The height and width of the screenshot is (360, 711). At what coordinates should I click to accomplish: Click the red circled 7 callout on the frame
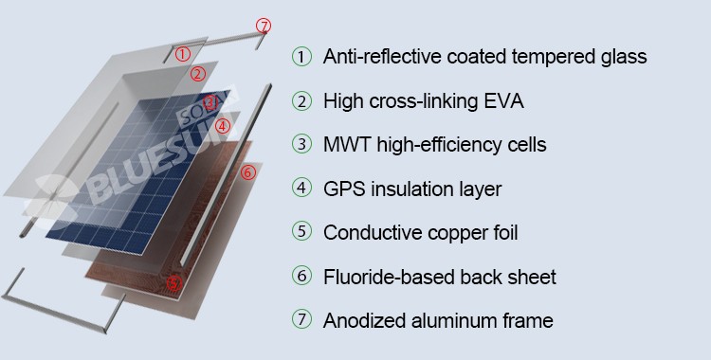tap(264, 26)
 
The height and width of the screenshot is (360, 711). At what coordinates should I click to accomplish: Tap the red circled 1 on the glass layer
tap(182, 54)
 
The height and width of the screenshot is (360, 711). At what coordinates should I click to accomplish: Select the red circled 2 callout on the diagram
tap(198, 74)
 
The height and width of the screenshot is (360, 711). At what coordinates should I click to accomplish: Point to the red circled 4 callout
tap(222, 126)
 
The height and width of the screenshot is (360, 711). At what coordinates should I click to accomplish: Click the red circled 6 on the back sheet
tap(248, 172)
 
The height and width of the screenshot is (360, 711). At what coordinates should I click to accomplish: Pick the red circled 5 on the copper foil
tap(174, 283)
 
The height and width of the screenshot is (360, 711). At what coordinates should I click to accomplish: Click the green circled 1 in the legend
tap(302, 57)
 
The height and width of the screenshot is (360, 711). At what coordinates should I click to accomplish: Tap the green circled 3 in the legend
tap(302, 144)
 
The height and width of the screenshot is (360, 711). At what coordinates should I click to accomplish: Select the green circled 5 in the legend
tap(302, 232)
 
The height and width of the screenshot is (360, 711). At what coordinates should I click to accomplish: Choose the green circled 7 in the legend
tap(302, 319)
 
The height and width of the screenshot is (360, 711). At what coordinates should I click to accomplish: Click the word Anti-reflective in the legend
tap(382, 57)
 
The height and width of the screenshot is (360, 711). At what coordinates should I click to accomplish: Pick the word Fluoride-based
tap(389, 277)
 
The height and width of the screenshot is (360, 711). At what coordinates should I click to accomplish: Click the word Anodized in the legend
tap(365, 320)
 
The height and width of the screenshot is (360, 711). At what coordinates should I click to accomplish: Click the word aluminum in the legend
tap(454, 320)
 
